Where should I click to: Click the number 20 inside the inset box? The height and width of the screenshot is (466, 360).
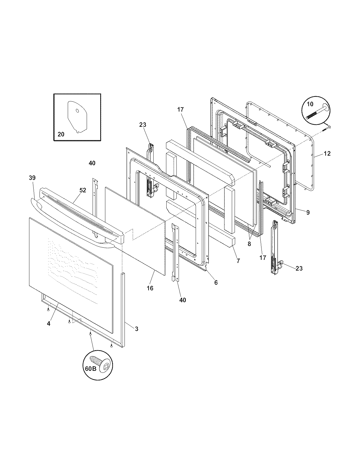coord(61,134)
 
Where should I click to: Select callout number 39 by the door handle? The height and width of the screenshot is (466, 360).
coord(32,178)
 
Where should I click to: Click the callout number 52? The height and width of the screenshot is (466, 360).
coord(82,190)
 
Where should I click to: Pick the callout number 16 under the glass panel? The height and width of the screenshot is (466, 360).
coord(150,288)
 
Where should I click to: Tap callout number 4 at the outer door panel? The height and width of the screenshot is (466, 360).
coord(49,324)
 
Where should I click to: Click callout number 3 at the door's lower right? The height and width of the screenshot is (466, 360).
coord(136,329)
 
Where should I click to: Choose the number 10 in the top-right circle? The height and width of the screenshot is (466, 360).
coord(310,104)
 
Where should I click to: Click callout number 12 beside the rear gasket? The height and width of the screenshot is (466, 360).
coord(327,154)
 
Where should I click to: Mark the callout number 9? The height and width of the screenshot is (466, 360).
coord(308,212)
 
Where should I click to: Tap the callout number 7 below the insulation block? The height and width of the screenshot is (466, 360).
coord(238,261)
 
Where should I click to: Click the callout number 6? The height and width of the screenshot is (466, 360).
coord(216,282)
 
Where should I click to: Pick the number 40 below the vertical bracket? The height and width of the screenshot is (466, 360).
coord(183,300)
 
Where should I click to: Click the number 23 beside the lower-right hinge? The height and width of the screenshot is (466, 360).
coord(299,268)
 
